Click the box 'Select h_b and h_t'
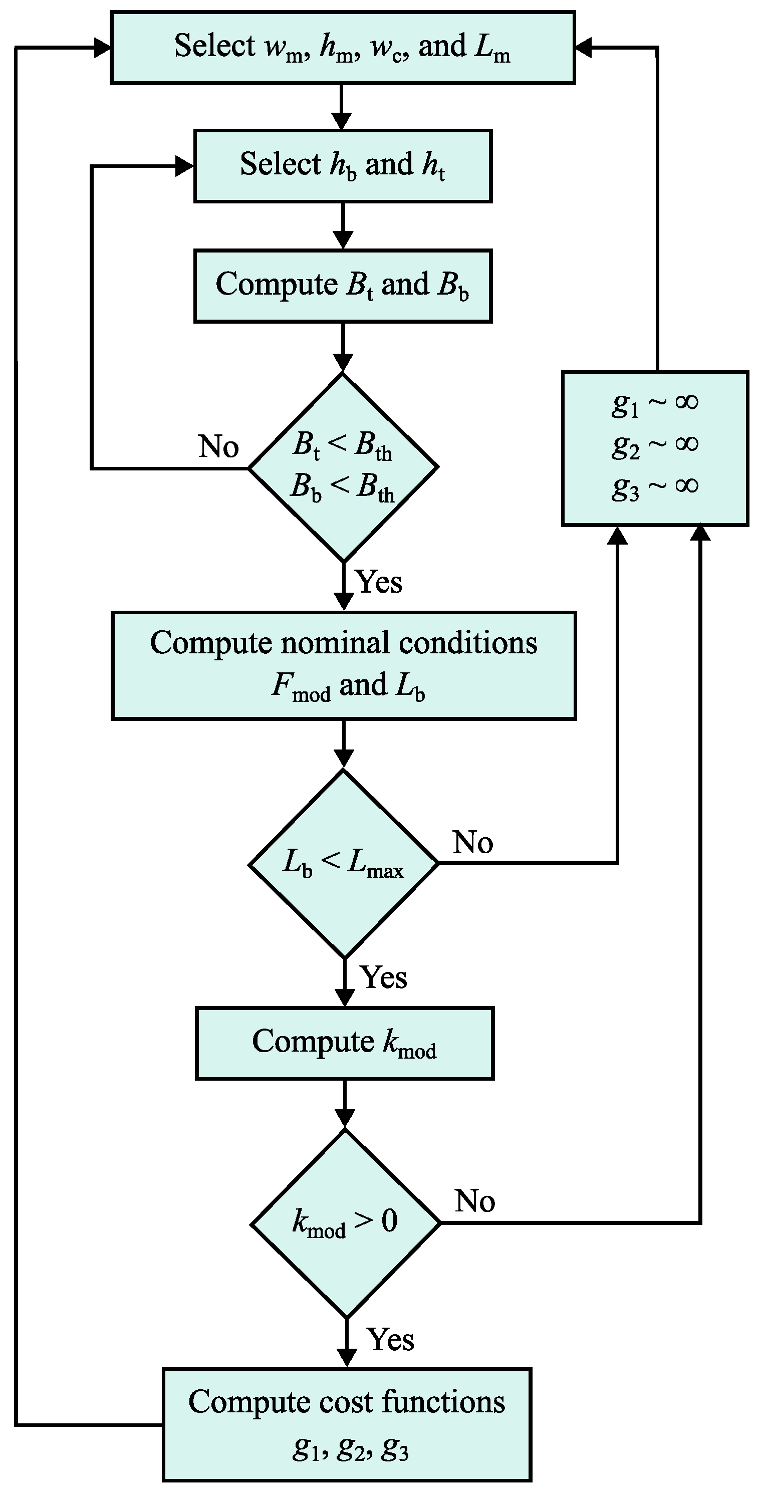(343, 166)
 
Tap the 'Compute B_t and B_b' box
(343, 286)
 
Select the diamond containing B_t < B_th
(343, 467)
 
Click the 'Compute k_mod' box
(344, 1043)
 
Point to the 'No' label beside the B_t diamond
(218, 446)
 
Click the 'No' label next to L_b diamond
(473, 842)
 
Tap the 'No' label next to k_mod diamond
(474, 1201)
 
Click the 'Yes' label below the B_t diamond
(379, 582)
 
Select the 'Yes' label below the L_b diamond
(384, 977)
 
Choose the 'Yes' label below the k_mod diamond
(391, 1340)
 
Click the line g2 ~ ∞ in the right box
(655, 445)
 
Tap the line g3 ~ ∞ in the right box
(655, 487)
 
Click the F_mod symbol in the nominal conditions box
(301, 687)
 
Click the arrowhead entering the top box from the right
(583, 48)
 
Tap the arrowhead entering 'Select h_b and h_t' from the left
(185, 167)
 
